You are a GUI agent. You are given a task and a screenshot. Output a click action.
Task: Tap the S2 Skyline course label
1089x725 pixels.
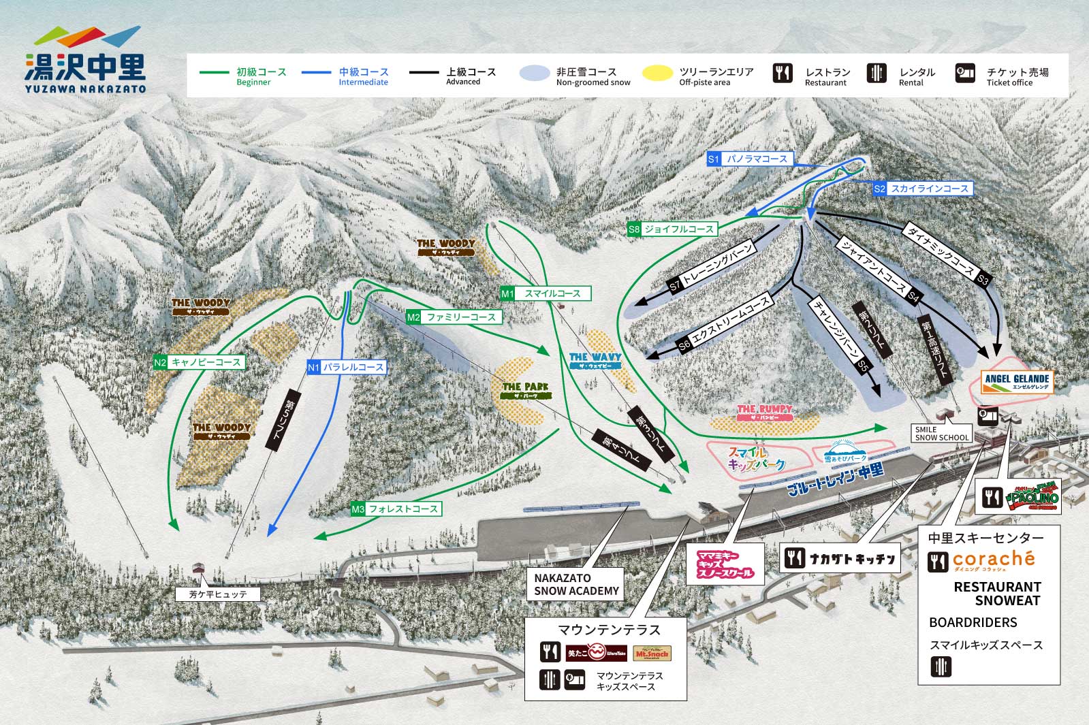pyautogui.click(x=923, y=189)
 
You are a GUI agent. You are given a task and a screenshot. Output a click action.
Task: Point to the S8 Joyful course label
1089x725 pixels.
pyautogui.click(x=672, y=229)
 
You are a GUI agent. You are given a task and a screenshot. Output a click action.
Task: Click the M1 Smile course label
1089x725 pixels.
pyautogui.click(x=545, y=293)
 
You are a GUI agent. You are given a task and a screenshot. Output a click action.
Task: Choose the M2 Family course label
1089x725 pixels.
pyautogui.click(x=454, y=317)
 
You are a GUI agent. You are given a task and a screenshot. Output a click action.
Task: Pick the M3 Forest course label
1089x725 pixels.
pyautogui.click(x=396, y=509)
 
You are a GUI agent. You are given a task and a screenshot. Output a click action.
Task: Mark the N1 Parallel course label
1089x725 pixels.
pyautogui.click(x=347, y=367)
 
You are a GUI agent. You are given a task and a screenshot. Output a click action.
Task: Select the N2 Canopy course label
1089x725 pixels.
pyautogui.click(x=199, y=363)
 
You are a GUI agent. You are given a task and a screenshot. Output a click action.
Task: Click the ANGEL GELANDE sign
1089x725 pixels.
pyautogui.click(x=1017, y=382)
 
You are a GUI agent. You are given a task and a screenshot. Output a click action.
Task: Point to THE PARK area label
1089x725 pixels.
pyautogui.click(x=524, y=389)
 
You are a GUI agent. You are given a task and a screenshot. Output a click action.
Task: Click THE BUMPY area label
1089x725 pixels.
pyautogui.click(x=764, y=412)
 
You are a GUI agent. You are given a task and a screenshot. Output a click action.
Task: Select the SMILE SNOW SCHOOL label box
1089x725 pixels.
pyautogui.click(x=941, y=434)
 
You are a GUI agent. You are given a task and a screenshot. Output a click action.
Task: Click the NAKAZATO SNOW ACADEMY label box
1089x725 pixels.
pyautogui.click(x=576, y=585)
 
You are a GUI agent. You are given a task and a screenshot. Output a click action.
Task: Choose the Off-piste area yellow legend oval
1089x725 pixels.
pyautogui.click(x=657, y=73)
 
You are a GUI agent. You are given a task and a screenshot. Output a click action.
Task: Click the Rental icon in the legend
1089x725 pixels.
pyautogui.click(x=877, y=73)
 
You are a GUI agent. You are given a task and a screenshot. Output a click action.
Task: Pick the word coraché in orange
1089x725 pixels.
pyautogui.click(x=993, y=558)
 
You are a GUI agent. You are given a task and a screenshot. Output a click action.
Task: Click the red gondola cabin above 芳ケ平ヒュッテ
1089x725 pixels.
pyautogui.click(x=199, y=567)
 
